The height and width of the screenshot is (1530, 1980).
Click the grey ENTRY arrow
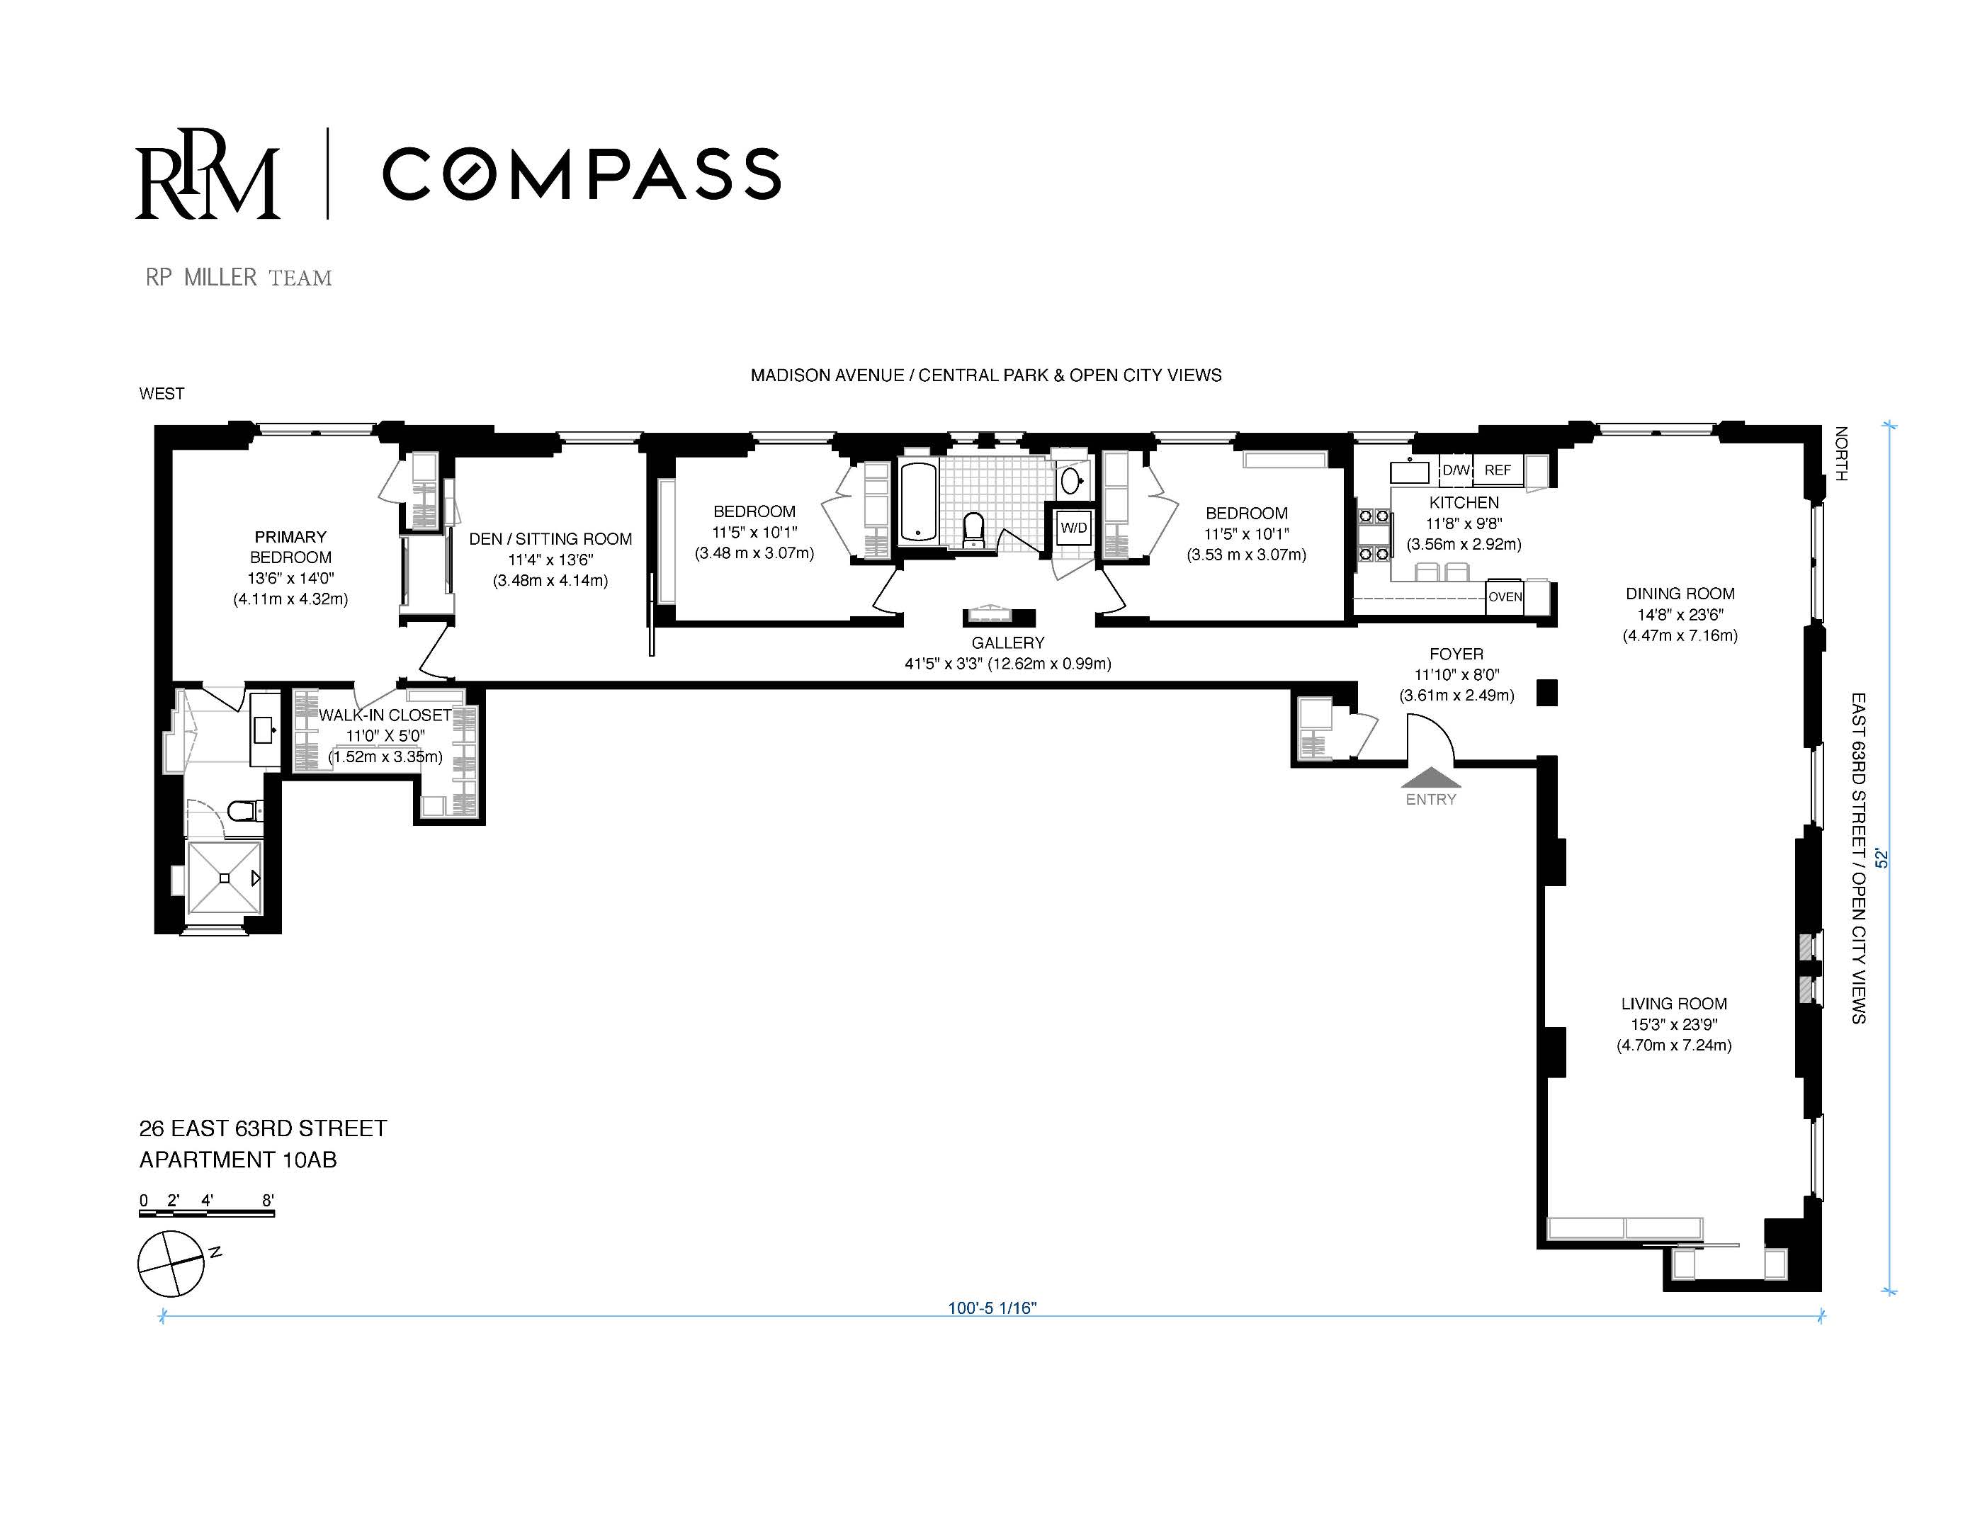1430,777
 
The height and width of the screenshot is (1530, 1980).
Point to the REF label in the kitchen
1498,470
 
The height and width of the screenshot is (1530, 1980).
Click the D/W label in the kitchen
1456,470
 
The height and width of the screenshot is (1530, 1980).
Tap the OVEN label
1505,596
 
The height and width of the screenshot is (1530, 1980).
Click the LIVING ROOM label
1673,1004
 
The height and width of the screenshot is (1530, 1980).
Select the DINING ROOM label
1680,594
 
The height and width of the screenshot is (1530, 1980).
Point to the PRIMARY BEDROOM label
290,547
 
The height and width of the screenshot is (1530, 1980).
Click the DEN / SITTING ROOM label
550,538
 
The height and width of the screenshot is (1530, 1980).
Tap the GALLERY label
1008,642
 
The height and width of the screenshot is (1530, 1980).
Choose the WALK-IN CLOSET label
385,715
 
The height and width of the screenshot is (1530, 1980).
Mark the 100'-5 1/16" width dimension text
992,1308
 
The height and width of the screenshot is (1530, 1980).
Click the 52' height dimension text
1882,858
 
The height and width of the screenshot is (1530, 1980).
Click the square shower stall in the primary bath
224,878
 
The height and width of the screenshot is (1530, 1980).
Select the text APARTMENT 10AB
237,1160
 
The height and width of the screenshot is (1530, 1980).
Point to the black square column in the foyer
1546,693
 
